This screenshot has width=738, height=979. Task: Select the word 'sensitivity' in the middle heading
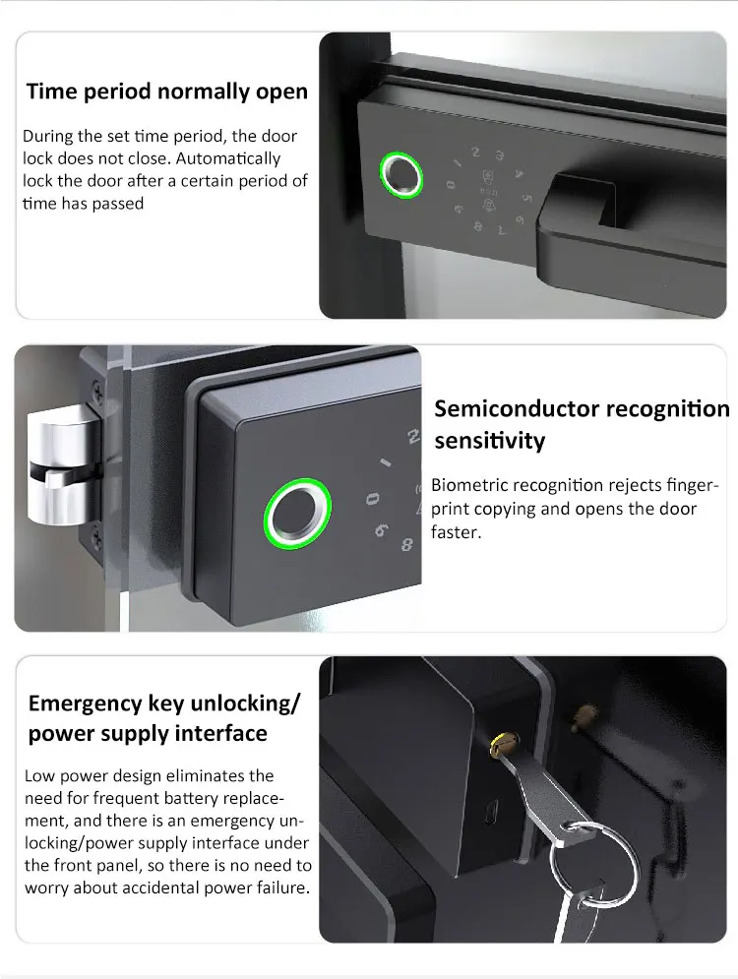(x=488, y=441)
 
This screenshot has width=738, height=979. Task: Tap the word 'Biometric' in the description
(x=475, y=486)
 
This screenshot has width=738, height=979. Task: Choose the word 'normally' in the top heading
(x=199, y=92)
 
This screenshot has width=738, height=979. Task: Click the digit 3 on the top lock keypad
(x=501, y=154)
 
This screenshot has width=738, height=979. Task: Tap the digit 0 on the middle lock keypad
(x=372, y=500)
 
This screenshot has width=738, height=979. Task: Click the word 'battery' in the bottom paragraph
(x=199, y=798)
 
